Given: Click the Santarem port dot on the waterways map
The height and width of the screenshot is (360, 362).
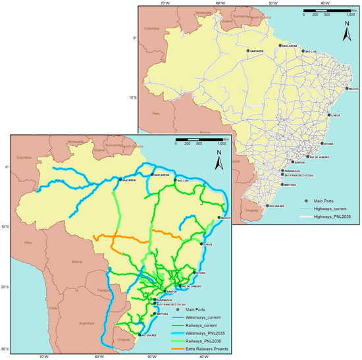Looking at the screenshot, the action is (x=120, y=179).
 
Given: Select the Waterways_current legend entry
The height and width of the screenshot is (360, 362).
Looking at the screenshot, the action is (x=202, y=318).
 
